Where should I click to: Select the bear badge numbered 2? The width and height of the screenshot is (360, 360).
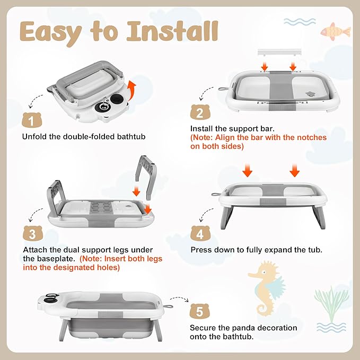click(199, 112)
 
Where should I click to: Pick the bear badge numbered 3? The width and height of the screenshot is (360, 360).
click(31, 234)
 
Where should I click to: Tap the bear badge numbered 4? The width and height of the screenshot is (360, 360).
click(199, 233)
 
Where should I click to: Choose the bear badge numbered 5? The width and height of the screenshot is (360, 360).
click(200, 311)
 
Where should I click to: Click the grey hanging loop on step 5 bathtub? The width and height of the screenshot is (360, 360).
click(169, 305)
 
